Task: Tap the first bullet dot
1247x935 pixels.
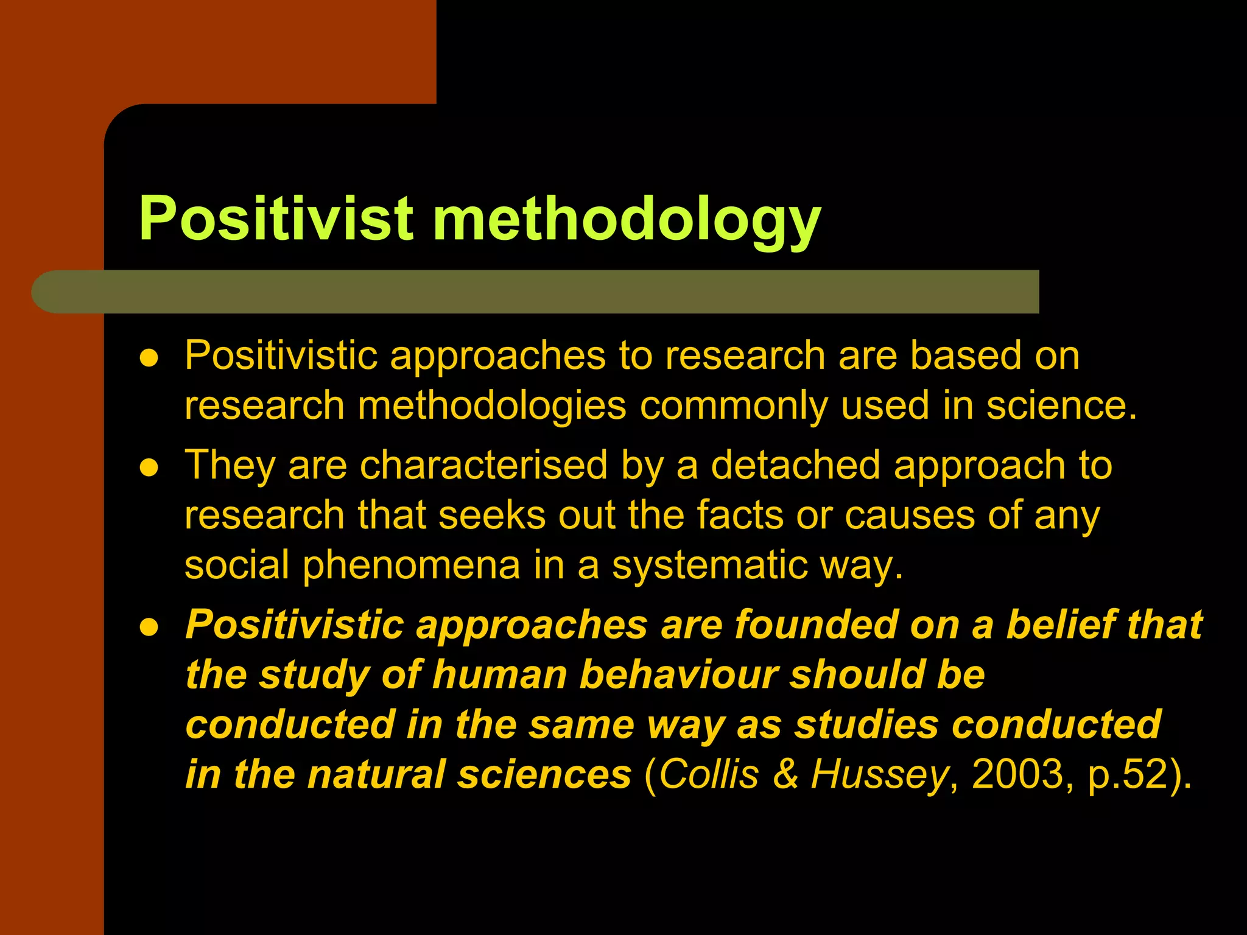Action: coord(149,357)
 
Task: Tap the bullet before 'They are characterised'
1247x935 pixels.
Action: coord(149,467)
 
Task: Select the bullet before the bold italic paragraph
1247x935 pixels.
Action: coord(149,627)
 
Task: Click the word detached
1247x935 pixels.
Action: coord(795,466)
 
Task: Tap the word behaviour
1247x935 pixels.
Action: coord(678,675)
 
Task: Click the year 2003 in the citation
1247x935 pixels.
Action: coord(1016,775)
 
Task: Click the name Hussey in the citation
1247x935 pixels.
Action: coord(879,776)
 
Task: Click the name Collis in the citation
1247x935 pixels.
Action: coord(709,775)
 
